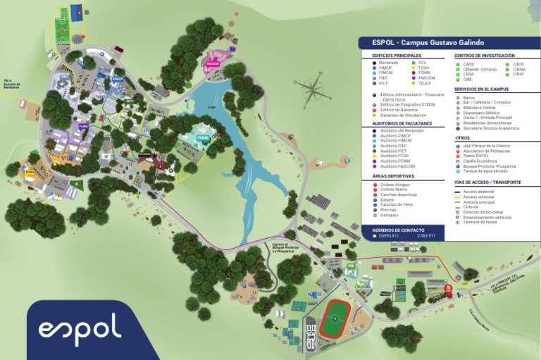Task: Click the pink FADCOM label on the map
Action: pos(213,63)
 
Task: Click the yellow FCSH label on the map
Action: pos(30,172)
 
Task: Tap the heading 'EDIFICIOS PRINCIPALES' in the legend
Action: pos(397,56)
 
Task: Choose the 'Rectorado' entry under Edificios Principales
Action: pos(389,63)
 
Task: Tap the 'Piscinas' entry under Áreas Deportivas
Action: pos(387,209)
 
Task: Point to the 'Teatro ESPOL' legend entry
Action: pos(476,156)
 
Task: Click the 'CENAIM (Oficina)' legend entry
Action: pos(480,69)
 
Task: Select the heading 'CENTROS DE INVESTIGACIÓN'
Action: pos(484,56)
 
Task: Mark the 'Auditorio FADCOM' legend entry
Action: pos(396,166)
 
